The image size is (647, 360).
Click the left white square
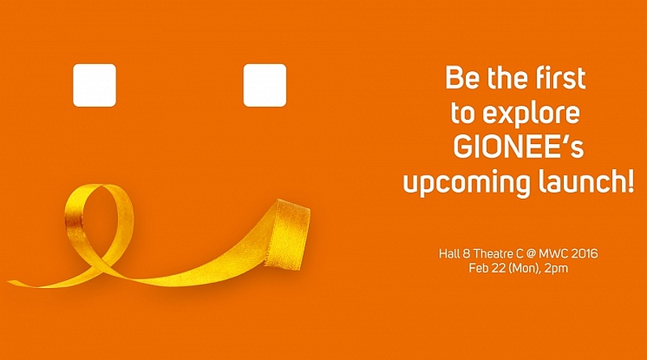pyautogui.click(x=95, y=85)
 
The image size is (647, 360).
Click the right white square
pyautogui.click(x=265, y=85)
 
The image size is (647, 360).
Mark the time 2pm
pyautogui.click(x=556, y=269)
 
